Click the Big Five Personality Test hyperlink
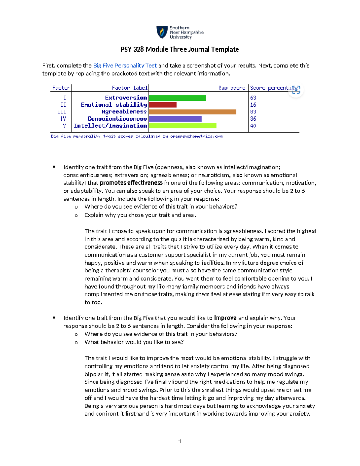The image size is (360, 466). coord(125,65)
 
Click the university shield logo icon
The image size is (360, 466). coord(162,32)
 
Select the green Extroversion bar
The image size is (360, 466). coord(178,98)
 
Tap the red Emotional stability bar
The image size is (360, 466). coord(163,105)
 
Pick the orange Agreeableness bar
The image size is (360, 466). coord(193,112)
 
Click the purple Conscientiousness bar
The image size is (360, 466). coord(175,119)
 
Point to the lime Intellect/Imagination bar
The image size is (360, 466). coord(182,126)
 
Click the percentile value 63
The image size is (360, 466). coord(253,98)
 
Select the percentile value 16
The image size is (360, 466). coord(253,105)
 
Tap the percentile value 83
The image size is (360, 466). coord(253,112)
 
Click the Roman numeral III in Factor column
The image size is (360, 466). coord(62,112)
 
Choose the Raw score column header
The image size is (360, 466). coord(232,88)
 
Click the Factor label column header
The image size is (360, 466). coord(130,88)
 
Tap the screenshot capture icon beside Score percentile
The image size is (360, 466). coord(296,90)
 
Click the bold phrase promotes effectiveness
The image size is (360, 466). coord(131,183)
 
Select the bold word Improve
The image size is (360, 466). coord(225,318)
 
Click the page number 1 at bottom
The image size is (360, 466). coord(180,441)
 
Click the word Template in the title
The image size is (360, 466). coord(225,49)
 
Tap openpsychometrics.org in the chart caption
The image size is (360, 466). coord(196,136)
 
